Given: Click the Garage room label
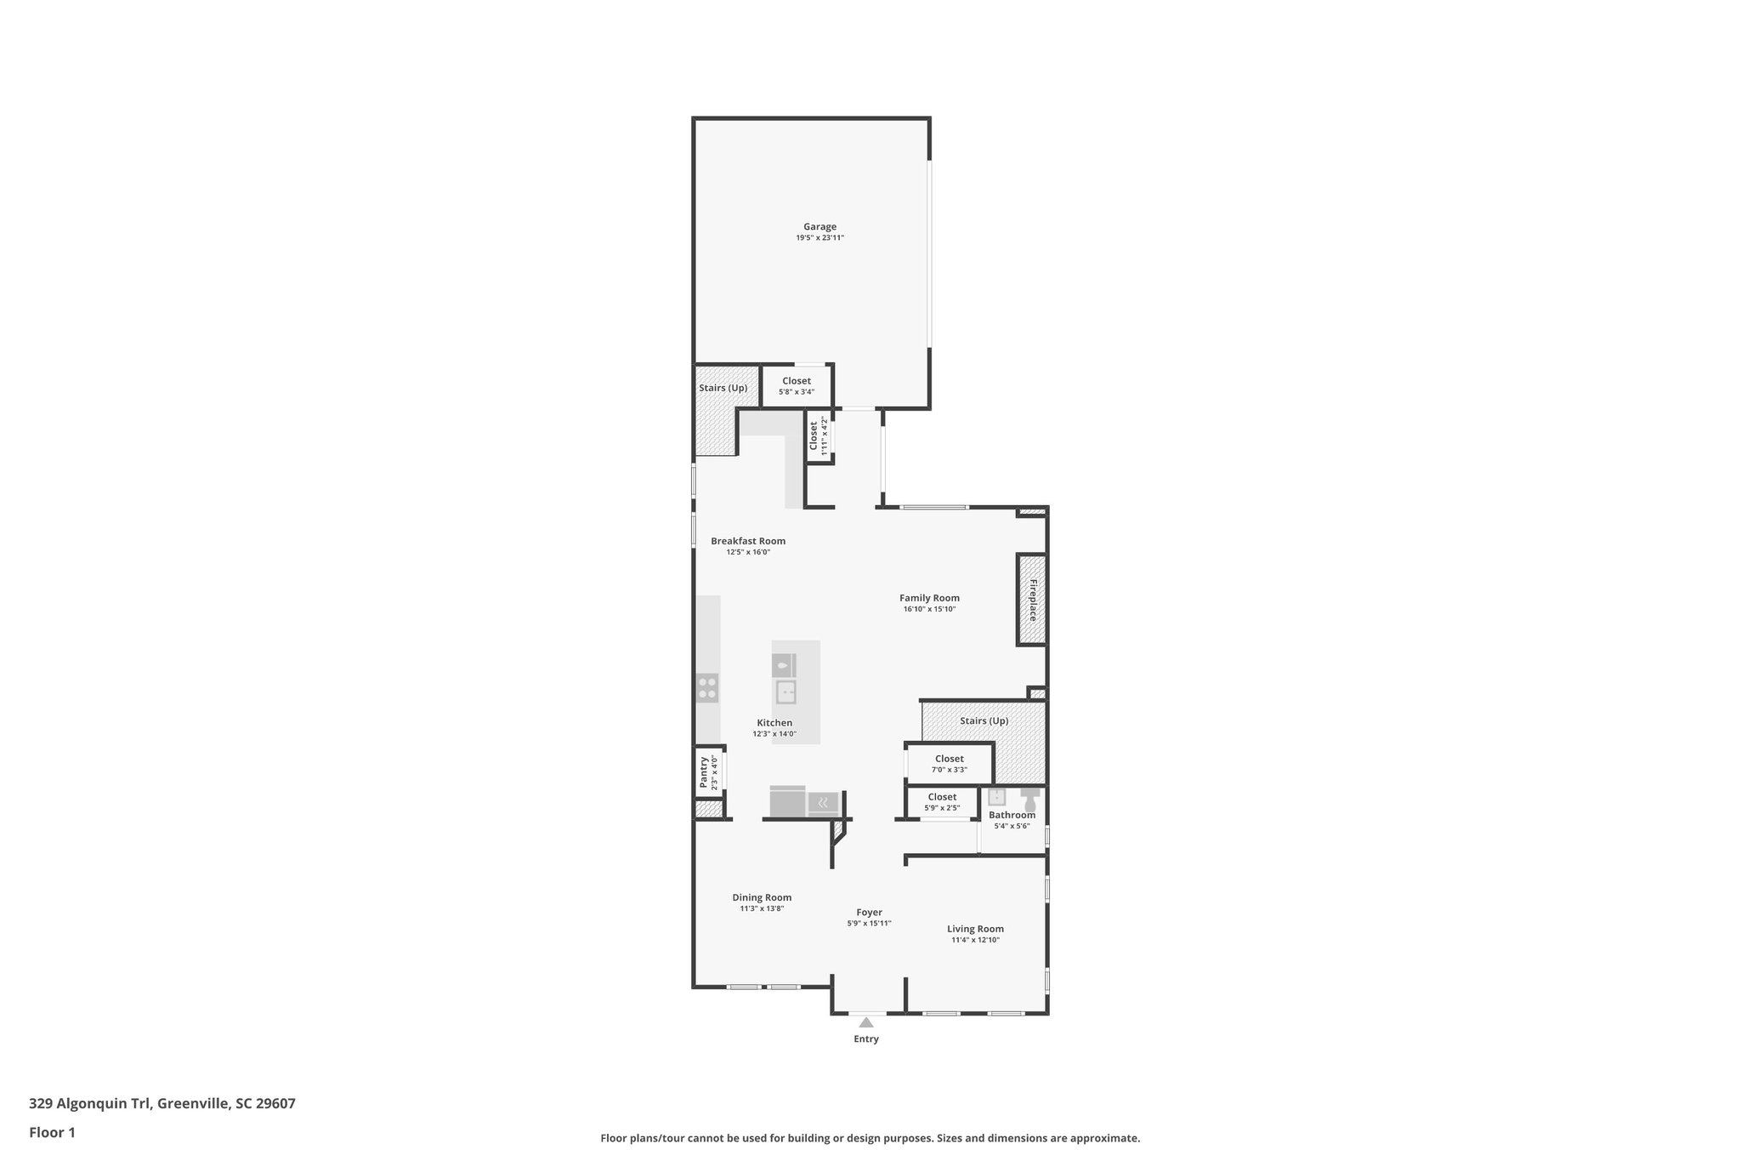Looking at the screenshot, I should [819, 227].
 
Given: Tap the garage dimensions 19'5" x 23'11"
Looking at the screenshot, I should [819, 238].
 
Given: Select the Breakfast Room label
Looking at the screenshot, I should [748, 541].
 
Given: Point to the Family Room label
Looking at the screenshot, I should [929, 598].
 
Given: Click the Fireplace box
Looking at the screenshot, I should [1032, 600].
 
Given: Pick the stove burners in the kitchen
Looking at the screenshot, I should [707, 687].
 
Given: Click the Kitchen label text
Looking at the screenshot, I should [774, 723].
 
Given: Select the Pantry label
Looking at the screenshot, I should [704, 772].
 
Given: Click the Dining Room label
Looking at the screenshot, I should [762, 897].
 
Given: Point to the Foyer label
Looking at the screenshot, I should [869, 913].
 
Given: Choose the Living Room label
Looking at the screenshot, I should [975, 929].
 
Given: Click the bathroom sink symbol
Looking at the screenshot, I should [996, 797].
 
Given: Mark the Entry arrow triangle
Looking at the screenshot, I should [865, 1022].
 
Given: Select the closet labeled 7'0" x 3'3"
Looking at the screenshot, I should [949, 764].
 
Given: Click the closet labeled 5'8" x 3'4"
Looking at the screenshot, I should [797, 386].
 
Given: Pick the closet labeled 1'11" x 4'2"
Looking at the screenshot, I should [818, 436].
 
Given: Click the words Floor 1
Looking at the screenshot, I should [53, 1133].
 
